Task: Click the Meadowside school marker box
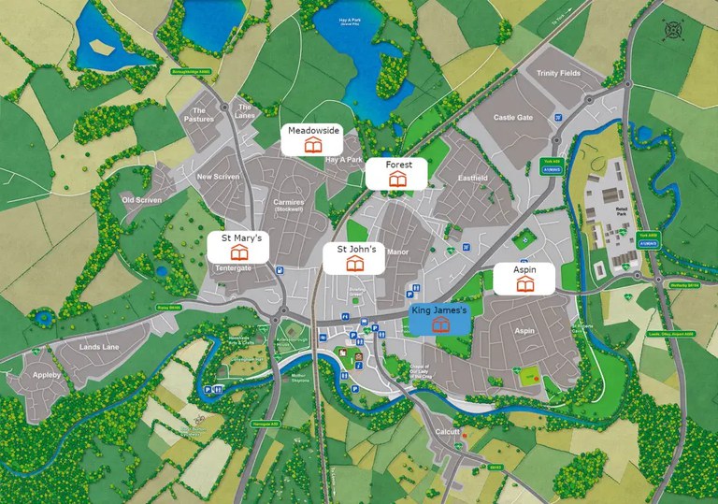(x=314, y=138)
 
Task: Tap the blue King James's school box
(x=439, y=318)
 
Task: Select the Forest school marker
(x=396, y=172)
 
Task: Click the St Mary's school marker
(x=240, y=247)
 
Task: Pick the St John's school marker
(x=354, y=257)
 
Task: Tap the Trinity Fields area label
(x=559, y=73)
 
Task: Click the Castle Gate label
(x=512, y=118)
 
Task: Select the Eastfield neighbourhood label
(x=473, y=178)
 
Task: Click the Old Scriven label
(x=141, y=200)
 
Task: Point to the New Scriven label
(x=218, y=177)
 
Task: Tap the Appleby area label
(x=47, y=375)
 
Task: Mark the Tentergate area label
(x=234, y=268)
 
